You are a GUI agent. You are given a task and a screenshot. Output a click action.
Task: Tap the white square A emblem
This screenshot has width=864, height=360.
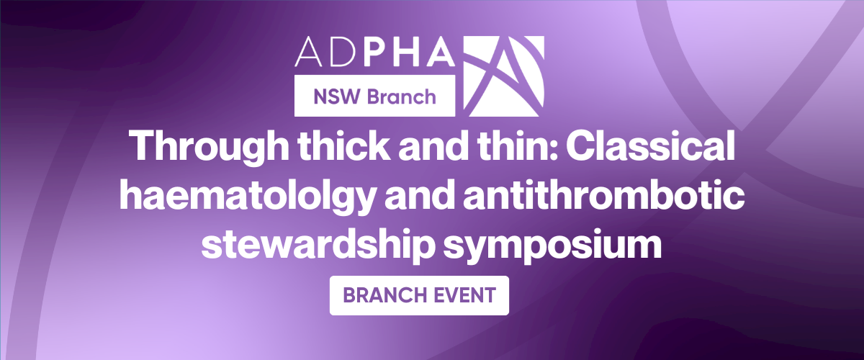504,76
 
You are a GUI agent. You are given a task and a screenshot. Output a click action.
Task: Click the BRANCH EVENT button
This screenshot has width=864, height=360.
419,295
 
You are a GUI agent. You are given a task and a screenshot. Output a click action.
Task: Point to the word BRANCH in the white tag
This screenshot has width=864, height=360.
389,295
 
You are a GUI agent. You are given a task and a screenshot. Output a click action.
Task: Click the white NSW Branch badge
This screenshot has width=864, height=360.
374,95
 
